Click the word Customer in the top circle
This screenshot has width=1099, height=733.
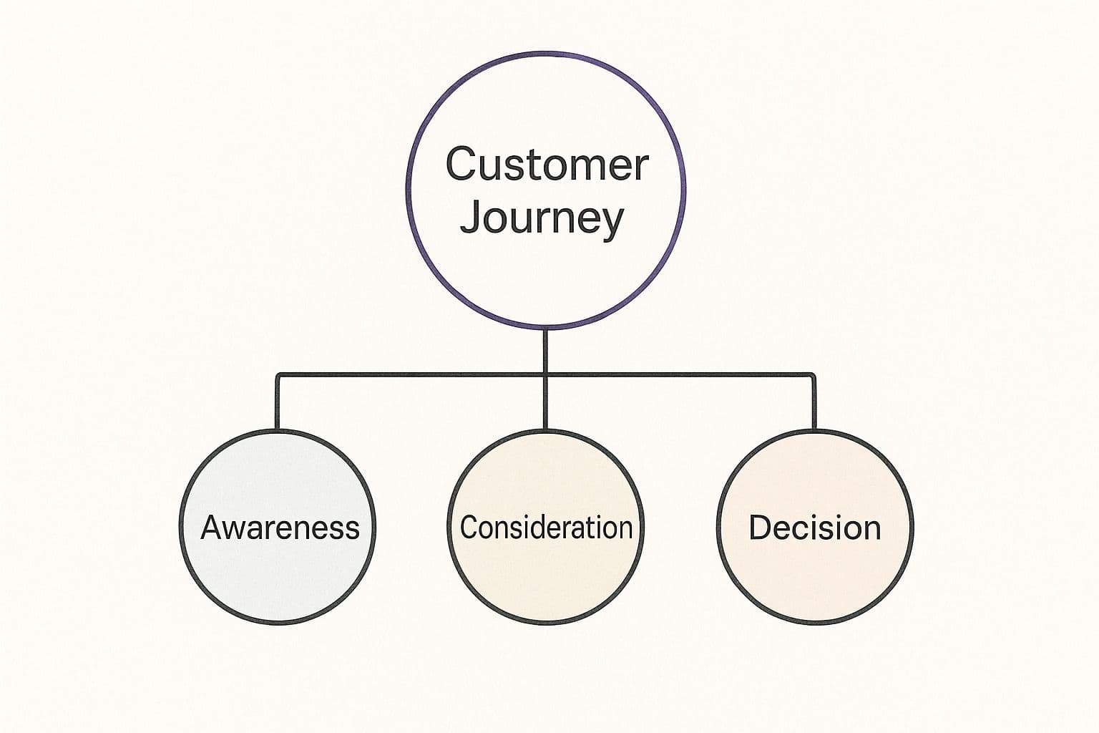(x=547, y=164)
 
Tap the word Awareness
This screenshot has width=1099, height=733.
(x=280, y=528)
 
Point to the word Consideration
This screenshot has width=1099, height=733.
(x=546, y=528)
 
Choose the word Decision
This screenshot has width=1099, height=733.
(x=814, y=528)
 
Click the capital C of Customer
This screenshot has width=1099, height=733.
(x=461, y=164)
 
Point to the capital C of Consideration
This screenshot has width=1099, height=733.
(x=469, y=528)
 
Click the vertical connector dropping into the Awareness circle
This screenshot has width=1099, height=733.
(x=278, y=402)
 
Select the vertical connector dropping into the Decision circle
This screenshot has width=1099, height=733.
(x=814, y=402)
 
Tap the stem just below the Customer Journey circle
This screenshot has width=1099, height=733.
(x=545, y=351)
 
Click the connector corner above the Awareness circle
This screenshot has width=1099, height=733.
(x=278, y=375)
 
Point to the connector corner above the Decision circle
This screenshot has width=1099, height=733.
(x=813, y=375)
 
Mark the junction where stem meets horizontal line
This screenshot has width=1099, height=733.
(x=545, y=374)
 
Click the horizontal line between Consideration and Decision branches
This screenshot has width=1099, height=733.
(x=680, y=374)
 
